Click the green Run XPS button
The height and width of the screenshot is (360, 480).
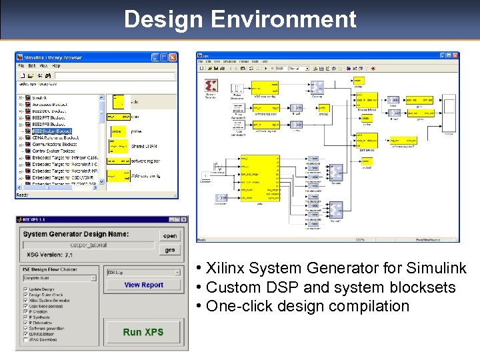point(143,331)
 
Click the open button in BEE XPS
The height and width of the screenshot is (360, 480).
point(170,235)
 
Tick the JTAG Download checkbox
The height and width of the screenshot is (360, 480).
point(25,340)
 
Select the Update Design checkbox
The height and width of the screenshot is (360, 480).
point(25,289)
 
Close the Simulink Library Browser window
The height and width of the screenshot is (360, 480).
point(173,57)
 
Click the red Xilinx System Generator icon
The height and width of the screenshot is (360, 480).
point(211,85)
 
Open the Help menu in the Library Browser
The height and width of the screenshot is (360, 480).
point(57,66)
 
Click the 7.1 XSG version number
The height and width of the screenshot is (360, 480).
point(69,255)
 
